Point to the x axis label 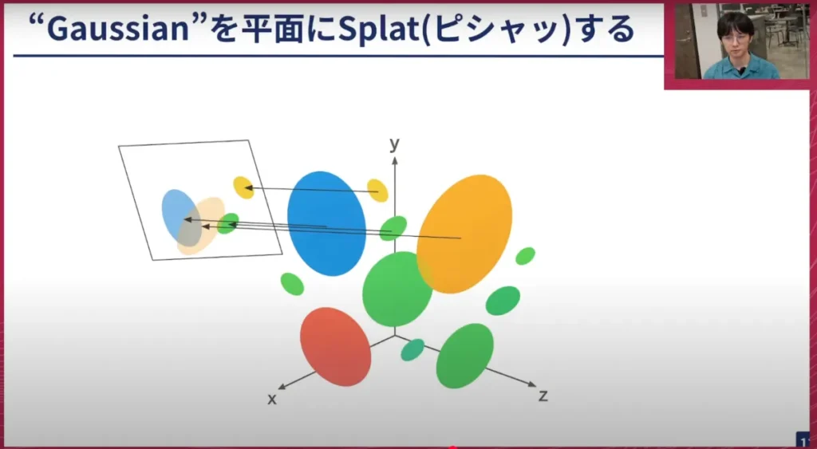(x=272, y=400)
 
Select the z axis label (x=543, y=396)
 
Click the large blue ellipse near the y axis (x=326, y=223)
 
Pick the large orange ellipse (x=464, y=234)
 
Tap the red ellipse (x=336, y=346)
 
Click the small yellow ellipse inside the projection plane (x=243, y=187)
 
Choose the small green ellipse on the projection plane (x=227, y=223)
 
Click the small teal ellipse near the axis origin (x=412, y=350)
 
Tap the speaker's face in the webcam (x=735, y=41)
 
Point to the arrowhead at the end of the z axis (x=532, y=384)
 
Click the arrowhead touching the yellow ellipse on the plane (x=249, y=187)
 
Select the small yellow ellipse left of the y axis (x=377, y=190)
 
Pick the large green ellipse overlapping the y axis (x=397, y=289)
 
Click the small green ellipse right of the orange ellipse (x=525, y=256)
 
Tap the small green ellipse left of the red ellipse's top (x=292, y=284)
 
